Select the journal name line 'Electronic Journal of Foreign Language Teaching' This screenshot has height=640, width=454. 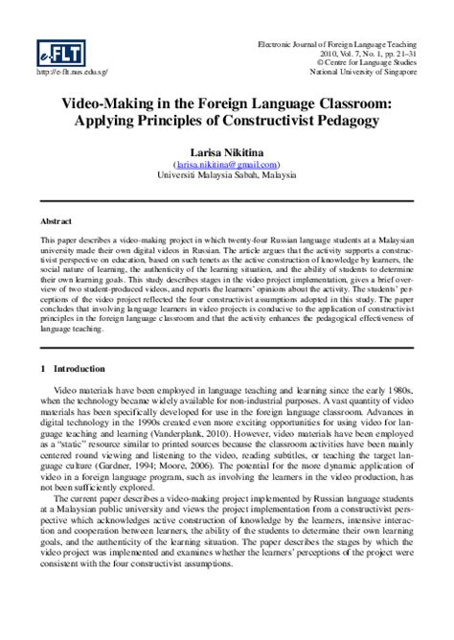pos(341,45)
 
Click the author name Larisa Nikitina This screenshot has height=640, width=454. pos(227,154)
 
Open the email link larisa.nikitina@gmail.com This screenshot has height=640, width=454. pos(227,166)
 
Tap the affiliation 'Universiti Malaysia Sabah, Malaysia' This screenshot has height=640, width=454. pos(227,176)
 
